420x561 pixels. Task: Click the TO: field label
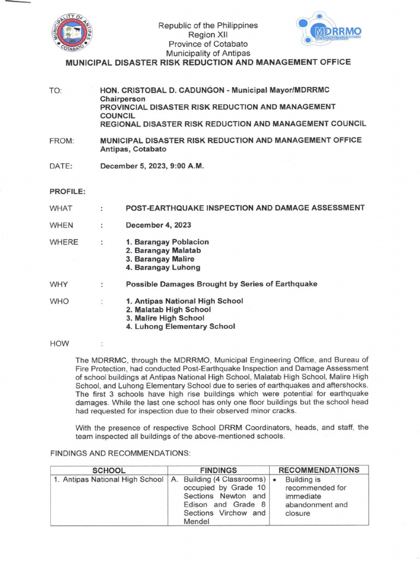56,89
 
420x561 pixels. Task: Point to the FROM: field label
61,141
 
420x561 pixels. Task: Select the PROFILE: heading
67,192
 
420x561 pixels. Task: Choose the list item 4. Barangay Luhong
163,268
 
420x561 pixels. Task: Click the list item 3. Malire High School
165,318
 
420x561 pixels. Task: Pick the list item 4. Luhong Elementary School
180,327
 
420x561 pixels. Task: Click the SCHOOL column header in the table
109,470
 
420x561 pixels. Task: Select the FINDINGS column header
218,470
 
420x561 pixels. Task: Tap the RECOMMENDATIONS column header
319,470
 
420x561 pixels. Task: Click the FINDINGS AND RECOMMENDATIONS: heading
120,454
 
